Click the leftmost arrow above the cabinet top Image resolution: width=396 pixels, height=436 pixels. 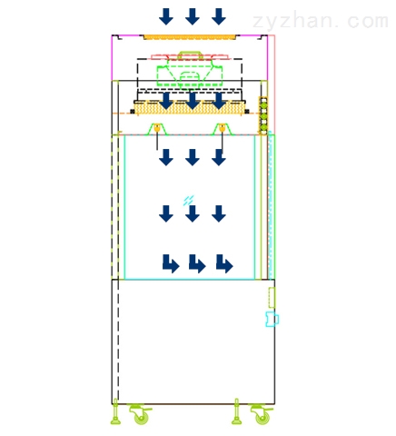166,16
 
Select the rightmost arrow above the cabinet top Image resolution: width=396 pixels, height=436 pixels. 219,16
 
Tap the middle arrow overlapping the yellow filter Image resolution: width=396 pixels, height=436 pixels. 193,101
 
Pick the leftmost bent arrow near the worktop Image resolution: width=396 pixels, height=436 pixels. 171,263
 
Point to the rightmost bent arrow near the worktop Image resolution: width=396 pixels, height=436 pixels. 224,263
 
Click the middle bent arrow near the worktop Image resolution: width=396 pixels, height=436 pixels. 197,263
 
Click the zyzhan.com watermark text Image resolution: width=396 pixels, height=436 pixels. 321,21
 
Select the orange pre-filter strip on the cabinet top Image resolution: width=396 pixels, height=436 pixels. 190,37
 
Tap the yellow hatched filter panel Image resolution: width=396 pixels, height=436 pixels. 190,108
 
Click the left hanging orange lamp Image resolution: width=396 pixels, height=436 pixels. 157,128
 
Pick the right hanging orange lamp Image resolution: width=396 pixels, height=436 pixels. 223,128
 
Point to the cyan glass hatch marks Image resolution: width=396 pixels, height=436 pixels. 188,201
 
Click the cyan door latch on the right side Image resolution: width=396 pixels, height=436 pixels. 272,319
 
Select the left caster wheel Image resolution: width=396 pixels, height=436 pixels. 141,415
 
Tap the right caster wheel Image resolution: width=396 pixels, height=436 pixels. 262,415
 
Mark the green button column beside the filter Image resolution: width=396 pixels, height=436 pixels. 263,116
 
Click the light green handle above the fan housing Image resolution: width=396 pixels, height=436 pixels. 190,55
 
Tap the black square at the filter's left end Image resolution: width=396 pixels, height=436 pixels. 133,112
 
